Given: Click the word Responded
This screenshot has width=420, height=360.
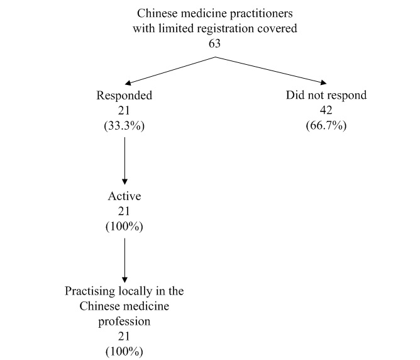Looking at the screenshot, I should tap(124, 96).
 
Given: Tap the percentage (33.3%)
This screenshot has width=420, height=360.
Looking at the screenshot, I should tap(124, 125).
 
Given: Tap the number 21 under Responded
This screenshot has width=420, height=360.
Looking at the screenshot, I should tap(124, 110).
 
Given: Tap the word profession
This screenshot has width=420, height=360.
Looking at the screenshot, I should tap(124, 321).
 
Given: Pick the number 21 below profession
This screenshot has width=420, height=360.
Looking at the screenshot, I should tap(124, 335).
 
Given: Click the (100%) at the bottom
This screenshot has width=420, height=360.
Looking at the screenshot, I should tap(124, 350).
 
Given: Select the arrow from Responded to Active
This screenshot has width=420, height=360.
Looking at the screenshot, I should tap(124, 160).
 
